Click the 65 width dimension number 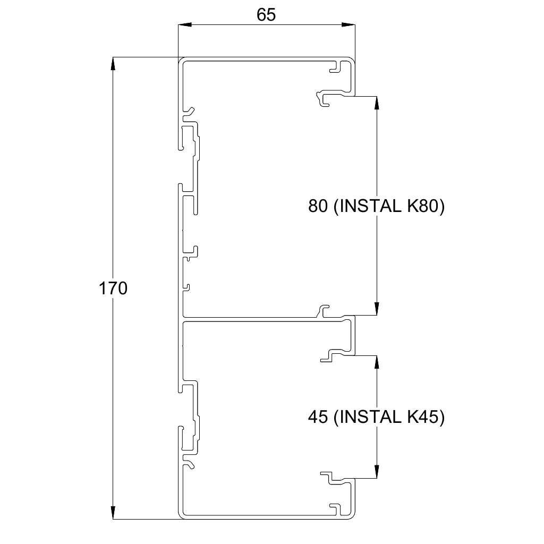266,15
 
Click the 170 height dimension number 113,288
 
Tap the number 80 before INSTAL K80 318,206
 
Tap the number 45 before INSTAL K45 318,416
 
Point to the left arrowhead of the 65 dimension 184,24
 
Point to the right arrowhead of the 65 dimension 348,24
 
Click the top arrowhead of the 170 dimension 113,64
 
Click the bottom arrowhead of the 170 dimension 113,513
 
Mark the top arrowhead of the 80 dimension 377,103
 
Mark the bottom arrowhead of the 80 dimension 377,308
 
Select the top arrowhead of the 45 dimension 377,362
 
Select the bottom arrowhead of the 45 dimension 377,472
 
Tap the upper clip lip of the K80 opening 329,98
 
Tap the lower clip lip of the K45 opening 332,478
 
